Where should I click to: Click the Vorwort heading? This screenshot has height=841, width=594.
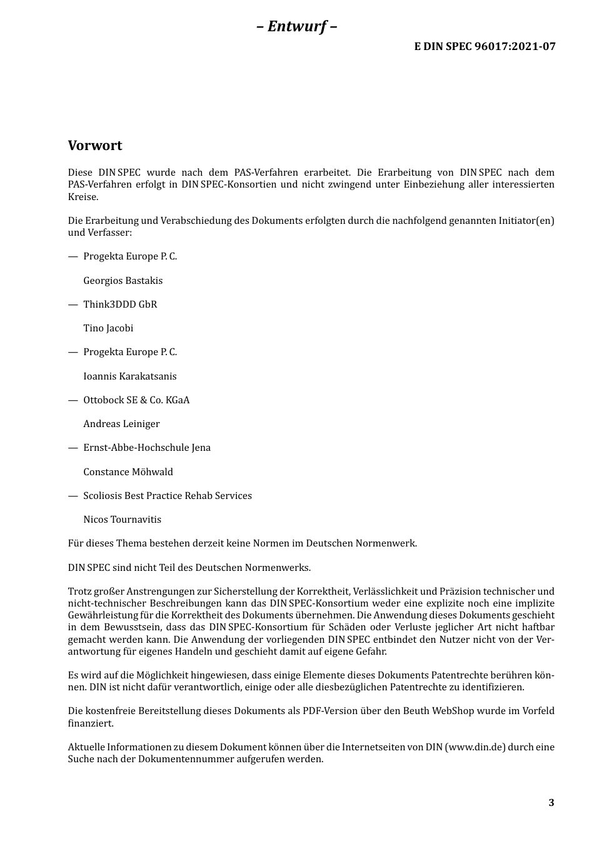point(95,146)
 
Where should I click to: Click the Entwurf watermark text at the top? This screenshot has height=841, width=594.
point(297,26)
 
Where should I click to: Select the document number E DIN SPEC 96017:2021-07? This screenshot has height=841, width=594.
point(485,46)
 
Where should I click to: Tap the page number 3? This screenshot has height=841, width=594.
point(551,803)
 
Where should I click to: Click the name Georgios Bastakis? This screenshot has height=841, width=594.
point(123,281)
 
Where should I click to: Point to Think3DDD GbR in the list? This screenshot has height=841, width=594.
point(120,305)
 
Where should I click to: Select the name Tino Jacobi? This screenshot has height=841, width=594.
point(108,328)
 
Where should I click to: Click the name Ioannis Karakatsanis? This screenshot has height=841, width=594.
point(130,376)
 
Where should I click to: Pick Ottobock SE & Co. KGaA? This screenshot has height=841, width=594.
point(136,400)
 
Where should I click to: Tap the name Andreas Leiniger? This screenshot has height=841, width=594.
point(121,424)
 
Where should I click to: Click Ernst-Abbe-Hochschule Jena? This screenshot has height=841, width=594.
point(147,448)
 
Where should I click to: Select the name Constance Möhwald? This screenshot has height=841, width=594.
point(128,472)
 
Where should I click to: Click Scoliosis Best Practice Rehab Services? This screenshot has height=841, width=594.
point(168,496)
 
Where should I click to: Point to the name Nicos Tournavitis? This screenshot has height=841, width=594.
point(122,520)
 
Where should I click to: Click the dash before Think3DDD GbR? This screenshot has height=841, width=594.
point(73,305)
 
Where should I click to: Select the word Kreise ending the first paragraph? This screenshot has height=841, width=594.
point(82,197)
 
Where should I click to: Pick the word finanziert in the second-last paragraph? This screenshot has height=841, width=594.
point(91,723)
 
